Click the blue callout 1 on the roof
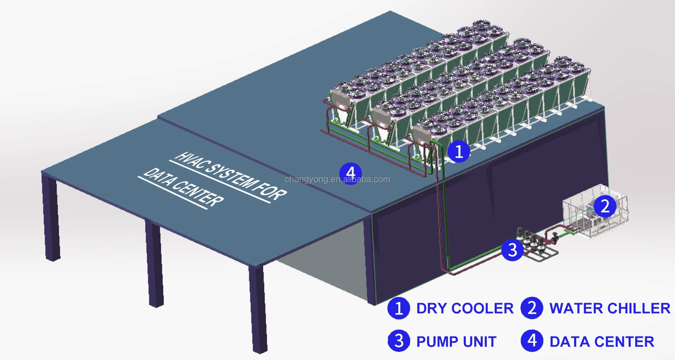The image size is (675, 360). pos(458,152)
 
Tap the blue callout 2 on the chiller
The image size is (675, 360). pos(605,206)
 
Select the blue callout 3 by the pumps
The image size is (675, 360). pos(512,250)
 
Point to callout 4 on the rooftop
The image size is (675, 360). pos(351,173)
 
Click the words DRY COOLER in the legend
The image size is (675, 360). pos(465,308)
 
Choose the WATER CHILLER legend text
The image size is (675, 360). pos(610,308)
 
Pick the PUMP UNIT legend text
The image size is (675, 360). pos(456,341)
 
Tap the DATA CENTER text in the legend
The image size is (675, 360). pos(602,341)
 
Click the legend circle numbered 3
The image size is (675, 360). pos(399,341)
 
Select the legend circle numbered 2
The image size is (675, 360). pos(532,308)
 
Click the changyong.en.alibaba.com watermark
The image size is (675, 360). pos(337,180)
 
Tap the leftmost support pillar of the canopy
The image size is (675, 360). pos(51,218)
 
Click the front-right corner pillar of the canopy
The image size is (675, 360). pos(258,309)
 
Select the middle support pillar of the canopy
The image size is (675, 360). pos(155,264)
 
